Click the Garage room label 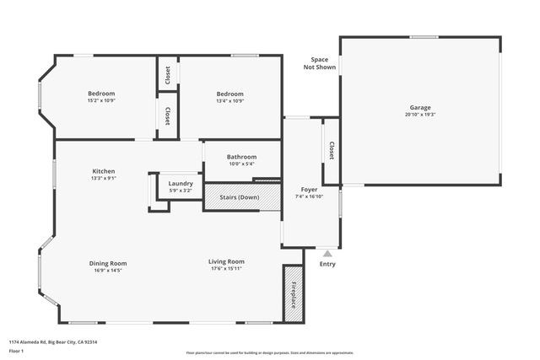click(x=420, y=108)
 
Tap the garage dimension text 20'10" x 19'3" click(x=420, y=115)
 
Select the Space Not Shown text click(x=319, y=63)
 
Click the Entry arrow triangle click(x=327, y=253)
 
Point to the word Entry click(x=327, y=264)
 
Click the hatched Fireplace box click(x=293, y=293)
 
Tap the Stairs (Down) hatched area click(x=240, y=197)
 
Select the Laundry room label click(x=181, y=183)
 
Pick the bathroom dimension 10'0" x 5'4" click(x=241, y=164)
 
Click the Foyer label click(x=309, y=190)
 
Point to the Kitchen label click(x=104, y=171)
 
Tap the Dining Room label click(x=108, y=262)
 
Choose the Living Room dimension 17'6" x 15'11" click(x=227, y=270)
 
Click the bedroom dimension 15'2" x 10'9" click(x=101, y=101)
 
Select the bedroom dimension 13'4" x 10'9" click(x=229, y=101)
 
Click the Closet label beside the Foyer click(x=332, y=150)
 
